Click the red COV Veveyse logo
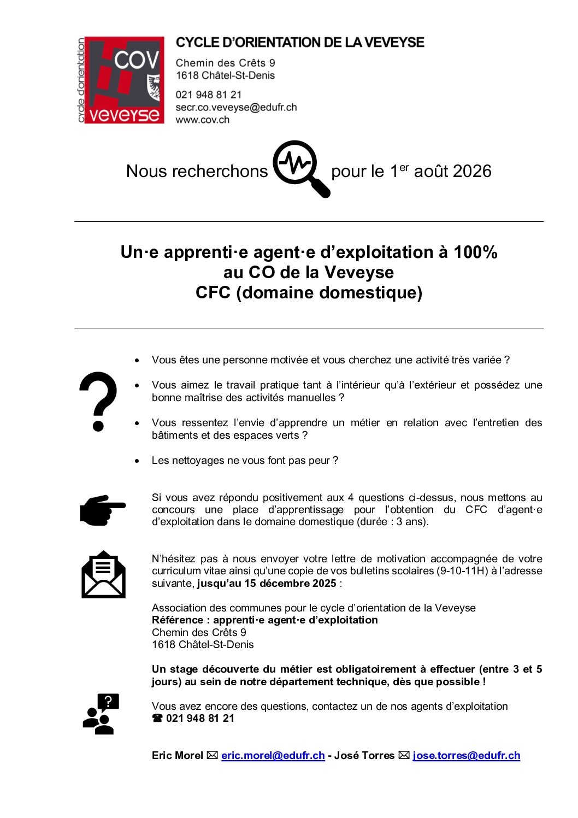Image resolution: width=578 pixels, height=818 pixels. (x=121, y=80)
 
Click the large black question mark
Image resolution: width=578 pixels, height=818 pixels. (x=98, y=401)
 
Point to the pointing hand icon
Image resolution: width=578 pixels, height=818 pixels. (x=102, y=510)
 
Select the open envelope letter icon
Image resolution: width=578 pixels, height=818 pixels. (x=103, y=575)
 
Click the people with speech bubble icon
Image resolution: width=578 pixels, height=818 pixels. (x=101, y=714)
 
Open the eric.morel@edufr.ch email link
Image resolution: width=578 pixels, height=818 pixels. (x=273, y=755)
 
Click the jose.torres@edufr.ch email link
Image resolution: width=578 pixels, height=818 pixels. (x=466, y=755)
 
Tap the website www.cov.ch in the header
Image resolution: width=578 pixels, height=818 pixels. (x=202, y=120)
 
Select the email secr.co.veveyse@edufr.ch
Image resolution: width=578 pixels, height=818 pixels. (x=236, y=107)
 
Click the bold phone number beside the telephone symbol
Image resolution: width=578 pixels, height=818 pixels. (x=200, y=718)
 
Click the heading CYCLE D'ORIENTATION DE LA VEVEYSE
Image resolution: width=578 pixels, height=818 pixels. (x=300, y=43)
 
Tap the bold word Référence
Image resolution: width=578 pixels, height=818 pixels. (x=177, y=620)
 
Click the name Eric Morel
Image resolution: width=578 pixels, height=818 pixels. (x=177, y=755)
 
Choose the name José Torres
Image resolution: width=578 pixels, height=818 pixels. (x=364, y=755)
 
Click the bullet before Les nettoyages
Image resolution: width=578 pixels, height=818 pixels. (x=137, y=461)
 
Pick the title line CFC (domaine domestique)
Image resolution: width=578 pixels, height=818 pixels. (x=309, y=292)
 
